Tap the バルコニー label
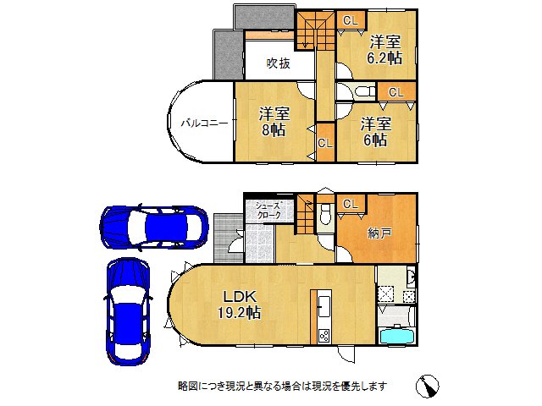pyautogui.click(x=203, y=123)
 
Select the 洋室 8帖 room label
pyautogui.click(x=273, y=120)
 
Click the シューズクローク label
pyautogui.click(x=268, y=210)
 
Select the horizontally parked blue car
pyautogui.click(x=152, y=227)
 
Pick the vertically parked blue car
pyautogui.click(x=127, y=310)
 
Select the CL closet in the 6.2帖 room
pyautogui.click(x=350, y=19)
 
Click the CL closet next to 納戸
pyautogui.click(x=351, y=204)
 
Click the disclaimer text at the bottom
pyautogui.click(x=282, y=386)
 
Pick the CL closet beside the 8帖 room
pyautogui.click(x=324, y=143)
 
